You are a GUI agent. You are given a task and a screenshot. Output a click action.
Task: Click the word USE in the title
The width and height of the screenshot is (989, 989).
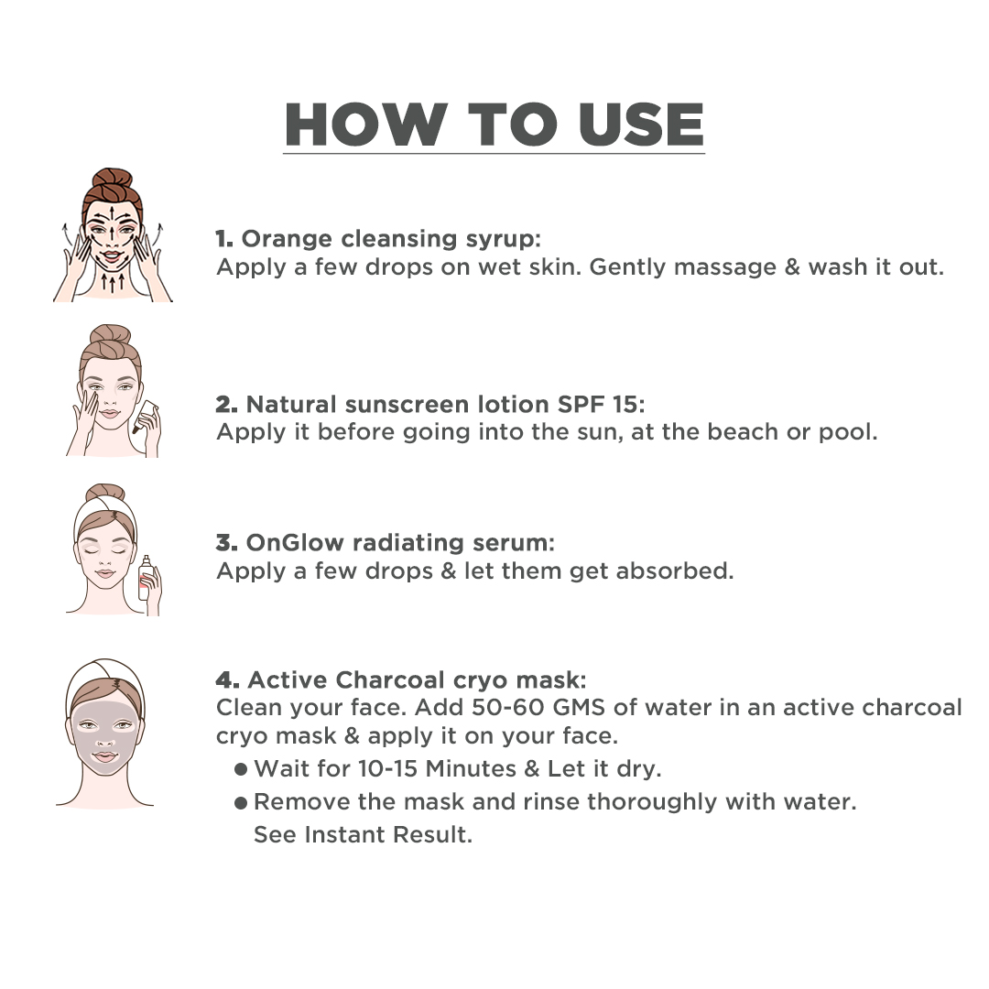641,125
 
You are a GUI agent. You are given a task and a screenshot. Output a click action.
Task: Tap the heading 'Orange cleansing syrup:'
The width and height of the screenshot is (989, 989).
391,239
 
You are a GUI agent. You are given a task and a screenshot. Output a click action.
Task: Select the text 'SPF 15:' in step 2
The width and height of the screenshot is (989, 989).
601,405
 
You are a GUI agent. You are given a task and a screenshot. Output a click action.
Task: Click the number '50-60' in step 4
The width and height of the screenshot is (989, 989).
507,708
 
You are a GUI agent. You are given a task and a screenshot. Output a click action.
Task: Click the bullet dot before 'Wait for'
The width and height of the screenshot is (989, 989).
240,769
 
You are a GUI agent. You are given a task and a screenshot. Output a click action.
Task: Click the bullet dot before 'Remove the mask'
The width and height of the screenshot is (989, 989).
240,803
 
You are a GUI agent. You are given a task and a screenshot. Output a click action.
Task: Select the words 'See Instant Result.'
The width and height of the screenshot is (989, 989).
363,834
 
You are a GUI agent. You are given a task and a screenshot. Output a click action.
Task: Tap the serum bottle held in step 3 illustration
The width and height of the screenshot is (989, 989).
146,579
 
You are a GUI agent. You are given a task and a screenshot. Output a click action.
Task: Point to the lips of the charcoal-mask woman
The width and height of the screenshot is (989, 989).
104,757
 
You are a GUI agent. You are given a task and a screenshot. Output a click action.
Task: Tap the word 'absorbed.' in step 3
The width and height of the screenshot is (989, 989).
675,571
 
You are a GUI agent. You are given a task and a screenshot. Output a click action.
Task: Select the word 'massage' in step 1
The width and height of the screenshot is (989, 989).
724,268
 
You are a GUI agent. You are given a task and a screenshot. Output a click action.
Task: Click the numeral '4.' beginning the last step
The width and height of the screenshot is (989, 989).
227,679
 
